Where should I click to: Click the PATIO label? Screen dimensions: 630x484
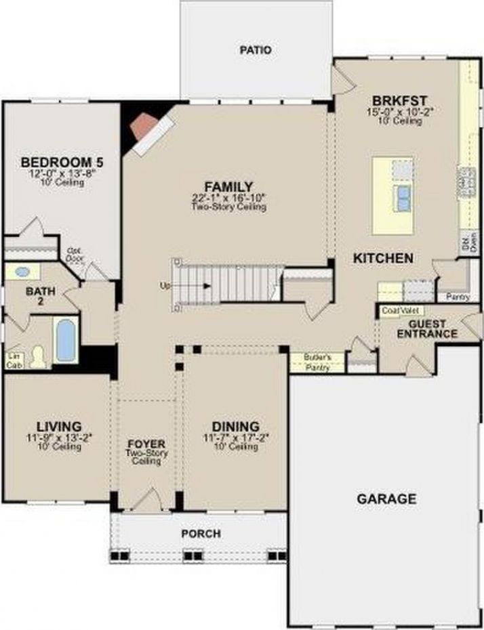pyautogui.click(x=256, y=50)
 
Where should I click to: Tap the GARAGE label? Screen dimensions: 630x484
pyautogui.click(x=386, y=499)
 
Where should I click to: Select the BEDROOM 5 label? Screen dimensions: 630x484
pyautogui.click(x=62, y=163)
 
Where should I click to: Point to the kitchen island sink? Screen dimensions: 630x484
pyautogui.click(x=403, y=196)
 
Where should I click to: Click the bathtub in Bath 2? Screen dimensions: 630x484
pyautogui.click(x=66, y=341)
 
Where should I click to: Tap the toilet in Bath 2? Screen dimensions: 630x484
pyautogui.click(x=38, y=356)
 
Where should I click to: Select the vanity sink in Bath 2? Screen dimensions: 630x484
pyautogui.click(x=22, y=272)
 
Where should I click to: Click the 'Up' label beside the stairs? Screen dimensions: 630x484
pyautogui.click(x=165, y=286)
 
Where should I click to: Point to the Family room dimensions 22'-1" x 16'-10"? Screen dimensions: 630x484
pyautogui.click(x=228, y=198)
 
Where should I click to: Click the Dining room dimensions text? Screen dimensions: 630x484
pyautogui.click(x=235, y=438)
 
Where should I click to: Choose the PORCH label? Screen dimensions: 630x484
pyautogui.click(x=201, y=534)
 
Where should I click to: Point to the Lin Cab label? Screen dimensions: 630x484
pyautogui.click(x=13, y=360)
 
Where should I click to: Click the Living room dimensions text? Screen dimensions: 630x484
pyautogui.click(x=59, y=438)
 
